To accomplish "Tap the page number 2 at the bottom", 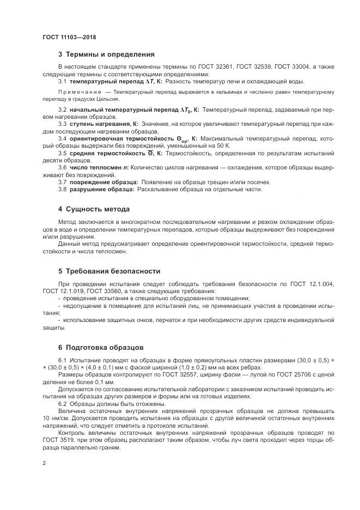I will [x=44, y=463].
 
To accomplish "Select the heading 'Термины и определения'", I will [x=110, y=54].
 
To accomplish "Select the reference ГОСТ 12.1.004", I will [x=314, y=284].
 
